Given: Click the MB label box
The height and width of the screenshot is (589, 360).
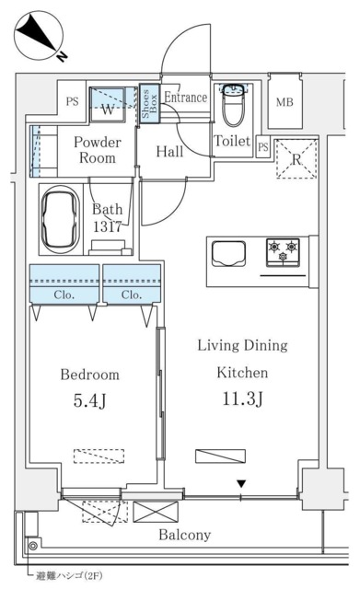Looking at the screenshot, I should click(285, 100).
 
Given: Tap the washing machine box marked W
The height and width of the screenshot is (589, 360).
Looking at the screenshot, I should click(110, 109).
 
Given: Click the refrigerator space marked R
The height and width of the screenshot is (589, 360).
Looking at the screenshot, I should click(296, 159).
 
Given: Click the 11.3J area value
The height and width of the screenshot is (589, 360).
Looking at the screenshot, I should click(241, 398).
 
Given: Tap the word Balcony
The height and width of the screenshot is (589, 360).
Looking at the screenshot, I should click(184, 535).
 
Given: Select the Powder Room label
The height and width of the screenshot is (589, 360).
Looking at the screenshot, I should click(98, 150).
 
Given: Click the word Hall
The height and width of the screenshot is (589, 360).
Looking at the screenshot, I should click(168, 152).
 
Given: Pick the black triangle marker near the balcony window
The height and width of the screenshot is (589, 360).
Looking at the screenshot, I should click(241, 484).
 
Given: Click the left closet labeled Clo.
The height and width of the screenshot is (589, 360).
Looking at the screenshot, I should click(64, 295).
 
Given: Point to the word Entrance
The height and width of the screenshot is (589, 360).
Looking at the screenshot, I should click(186, 96).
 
